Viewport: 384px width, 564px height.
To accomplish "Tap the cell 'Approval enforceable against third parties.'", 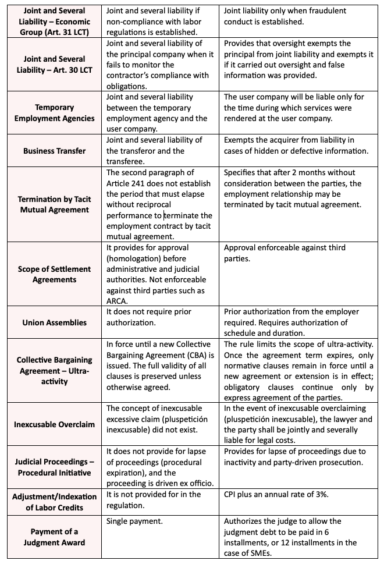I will (x=285, y=253).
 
